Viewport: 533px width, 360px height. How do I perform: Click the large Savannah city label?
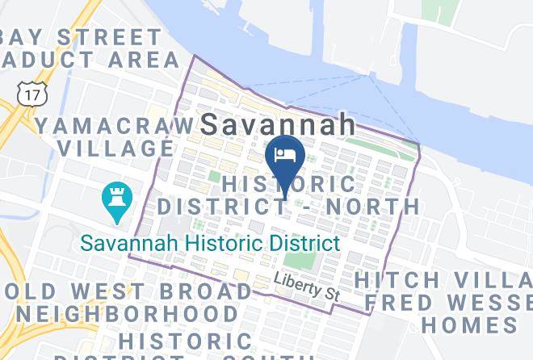pos(278,124)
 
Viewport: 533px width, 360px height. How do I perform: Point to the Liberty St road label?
pos(304,287)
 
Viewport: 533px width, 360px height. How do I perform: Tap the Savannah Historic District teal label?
pos(208,242)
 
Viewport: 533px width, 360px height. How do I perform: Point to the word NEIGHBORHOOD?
pos(128,313)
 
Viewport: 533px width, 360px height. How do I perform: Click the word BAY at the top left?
pos(24,37)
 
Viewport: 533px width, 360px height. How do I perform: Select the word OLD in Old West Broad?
pos(24,291)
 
